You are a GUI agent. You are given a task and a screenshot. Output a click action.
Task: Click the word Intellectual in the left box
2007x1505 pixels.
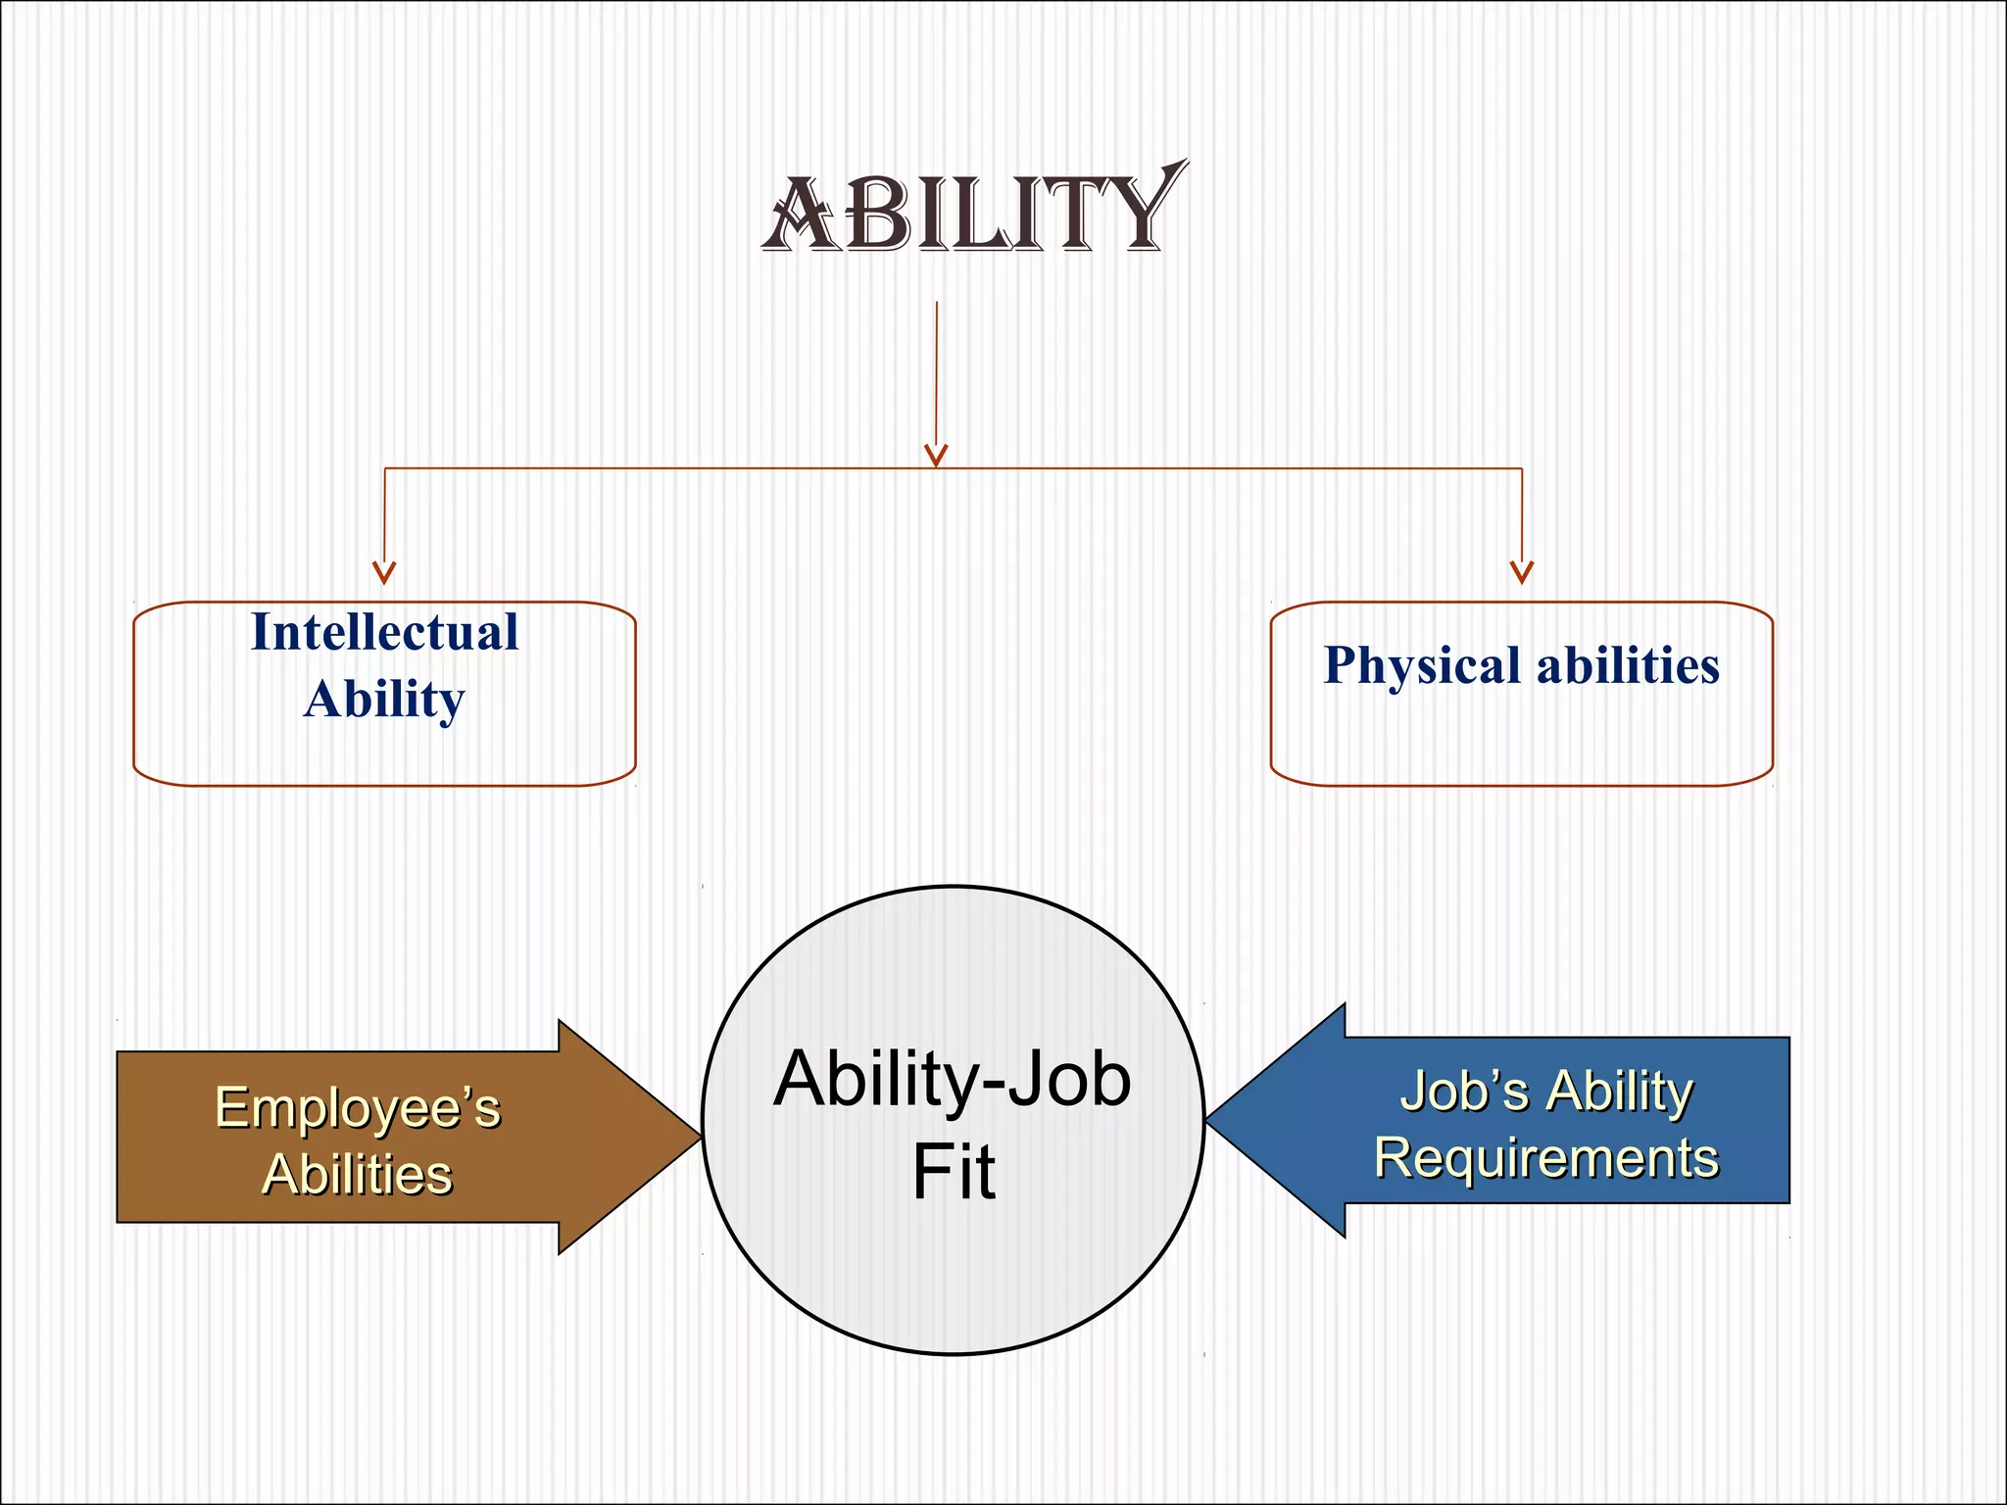384,632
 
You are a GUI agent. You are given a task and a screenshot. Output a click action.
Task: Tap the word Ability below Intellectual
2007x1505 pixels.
384,700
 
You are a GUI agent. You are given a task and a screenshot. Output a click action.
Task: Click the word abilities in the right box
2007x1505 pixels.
1628,666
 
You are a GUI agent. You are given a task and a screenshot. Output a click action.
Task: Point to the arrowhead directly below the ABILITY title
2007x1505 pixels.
936,456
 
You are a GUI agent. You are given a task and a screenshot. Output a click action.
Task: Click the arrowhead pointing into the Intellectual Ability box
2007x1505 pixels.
384,572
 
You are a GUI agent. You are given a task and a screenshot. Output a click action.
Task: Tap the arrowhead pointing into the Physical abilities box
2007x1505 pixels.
1521,572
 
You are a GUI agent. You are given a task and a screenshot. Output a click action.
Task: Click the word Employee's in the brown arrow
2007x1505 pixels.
358,1108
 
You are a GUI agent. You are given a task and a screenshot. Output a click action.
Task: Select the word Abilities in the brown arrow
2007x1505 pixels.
358,1174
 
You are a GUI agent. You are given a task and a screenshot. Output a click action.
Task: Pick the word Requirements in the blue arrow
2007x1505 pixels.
1546,1158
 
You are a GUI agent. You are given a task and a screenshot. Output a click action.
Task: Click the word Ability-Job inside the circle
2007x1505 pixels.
953,1079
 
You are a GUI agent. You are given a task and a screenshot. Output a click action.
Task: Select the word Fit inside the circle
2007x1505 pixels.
953,1171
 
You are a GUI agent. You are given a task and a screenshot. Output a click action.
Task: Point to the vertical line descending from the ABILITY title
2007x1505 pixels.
936,372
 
